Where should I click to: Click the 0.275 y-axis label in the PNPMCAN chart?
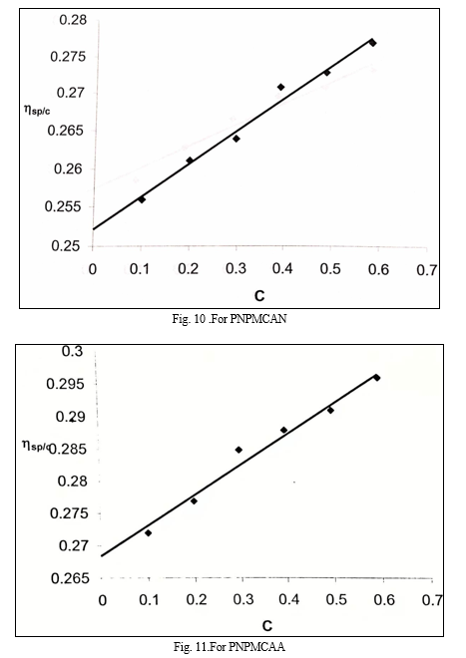pos(68,56)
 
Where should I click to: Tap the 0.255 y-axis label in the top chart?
pos(62,206)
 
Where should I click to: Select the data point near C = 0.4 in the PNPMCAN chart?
pos(281,87)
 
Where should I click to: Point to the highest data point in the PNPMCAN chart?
pos(372,43)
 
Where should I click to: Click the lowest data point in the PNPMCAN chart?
pos(142,199)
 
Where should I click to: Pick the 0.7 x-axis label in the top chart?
pos(426,270)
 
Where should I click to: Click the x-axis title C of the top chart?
pos(259,296)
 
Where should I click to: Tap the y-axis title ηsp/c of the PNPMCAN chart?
pos(37,110)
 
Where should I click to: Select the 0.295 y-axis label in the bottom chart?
pos(64,383)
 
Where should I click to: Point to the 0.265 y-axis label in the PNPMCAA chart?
pos(70,578)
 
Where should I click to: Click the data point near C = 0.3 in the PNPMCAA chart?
pos(238,450)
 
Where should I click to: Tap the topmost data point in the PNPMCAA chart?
pos(377,378)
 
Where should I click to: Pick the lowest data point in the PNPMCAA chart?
pos(148,533)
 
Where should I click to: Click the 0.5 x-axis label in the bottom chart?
pos(336,599)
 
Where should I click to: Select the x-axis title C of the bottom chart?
pos(267,626)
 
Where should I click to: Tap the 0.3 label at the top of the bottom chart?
pos(73,351)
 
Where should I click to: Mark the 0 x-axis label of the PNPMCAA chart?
pos(102,600)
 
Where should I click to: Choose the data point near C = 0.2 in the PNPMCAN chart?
pos(190,161)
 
